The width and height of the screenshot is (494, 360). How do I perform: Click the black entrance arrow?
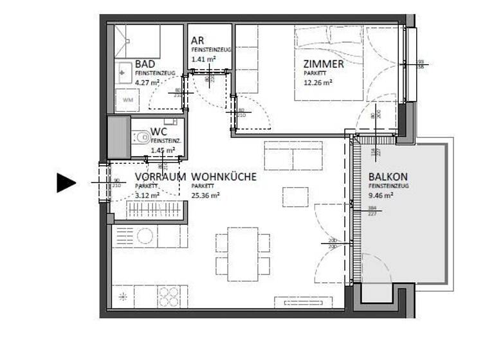(66, 183)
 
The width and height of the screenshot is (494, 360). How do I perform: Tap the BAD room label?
(145, 65)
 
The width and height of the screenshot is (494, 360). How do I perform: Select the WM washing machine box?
(127, 100)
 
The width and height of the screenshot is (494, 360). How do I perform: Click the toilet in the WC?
(140, 137)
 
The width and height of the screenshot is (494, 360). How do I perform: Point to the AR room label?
(197, 40)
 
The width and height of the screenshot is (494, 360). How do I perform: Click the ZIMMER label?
(324, 64)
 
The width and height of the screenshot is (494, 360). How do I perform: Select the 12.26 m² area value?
(318, 82)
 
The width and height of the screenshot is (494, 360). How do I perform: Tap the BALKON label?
(388, 177)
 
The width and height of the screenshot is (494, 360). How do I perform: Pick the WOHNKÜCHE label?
(224, 176)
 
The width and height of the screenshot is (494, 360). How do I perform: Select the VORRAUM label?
(160, 176)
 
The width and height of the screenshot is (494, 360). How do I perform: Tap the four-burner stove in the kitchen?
(169, 297)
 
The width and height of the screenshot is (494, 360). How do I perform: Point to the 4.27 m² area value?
(147, 82)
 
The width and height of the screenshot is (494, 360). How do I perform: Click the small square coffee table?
(295, 197)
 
